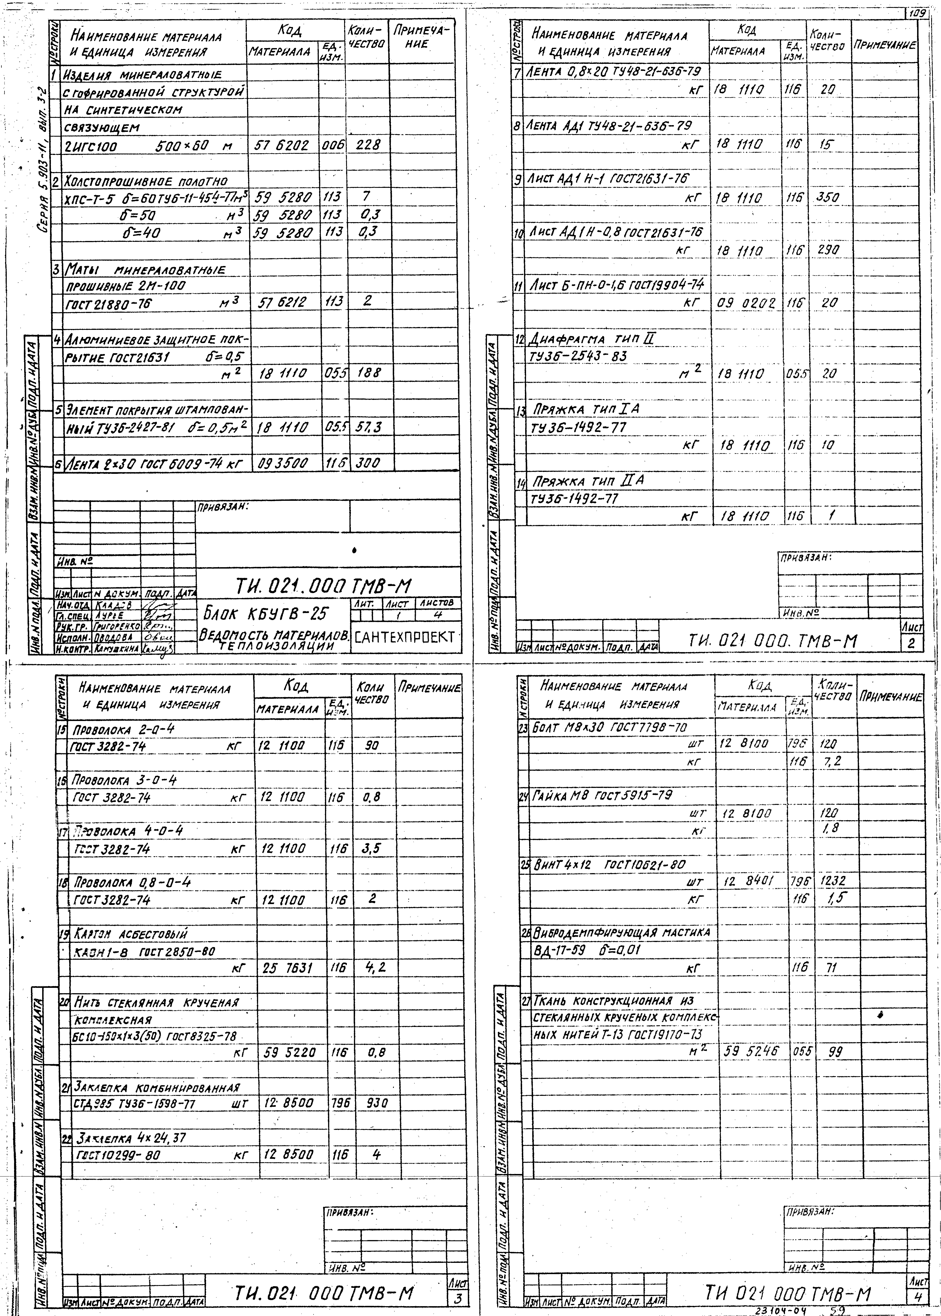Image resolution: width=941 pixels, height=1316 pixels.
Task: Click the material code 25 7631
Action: point(288,968)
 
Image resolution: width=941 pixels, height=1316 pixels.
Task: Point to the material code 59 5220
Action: point(290,1052)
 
